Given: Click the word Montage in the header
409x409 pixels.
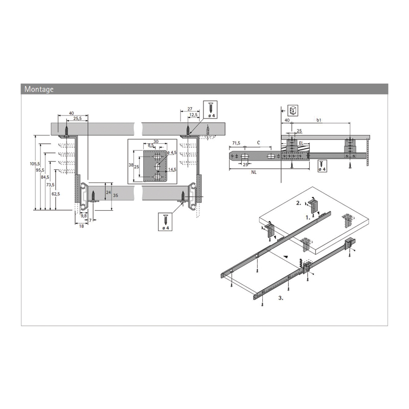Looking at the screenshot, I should (x=39, y=89).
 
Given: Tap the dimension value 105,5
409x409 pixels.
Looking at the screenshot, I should (x=33, y=164).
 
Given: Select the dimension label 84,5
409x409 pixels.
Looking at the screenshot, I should (x=44, y=177).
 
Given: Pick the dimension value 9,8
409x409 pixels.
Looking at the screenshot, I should (x=83, y=216).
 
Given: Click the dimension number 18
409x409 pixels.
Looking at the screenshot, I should (x=81, y=225).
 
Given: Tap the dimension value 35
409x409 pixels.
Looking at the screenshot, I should (x=116, y=196).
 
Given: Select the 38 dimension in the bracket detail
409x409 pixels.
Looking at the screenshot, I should (x=131, y=165).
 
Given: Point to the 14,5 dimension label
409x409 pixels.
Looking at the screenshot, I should (x=172, y=170).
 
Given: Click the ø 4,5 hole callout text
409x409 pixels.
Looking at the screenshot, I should (x=172, y=152).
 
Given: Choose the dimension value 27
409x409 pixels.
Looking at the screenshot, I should (x=190, y=109).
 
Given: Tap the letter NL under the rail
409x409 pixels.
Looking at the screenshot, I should (x=254, y=172).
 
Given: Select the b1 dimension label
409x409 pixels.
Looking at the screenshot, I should (x=319, y=120).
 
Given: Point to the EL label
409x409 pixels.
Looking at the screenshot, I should (x=301, y=145).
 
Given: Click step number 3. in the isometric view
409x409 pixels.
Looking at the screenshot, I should (x=281, y=297).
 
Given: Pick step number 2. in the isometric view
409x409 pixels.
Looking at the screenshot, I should (x=299, y=203).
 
